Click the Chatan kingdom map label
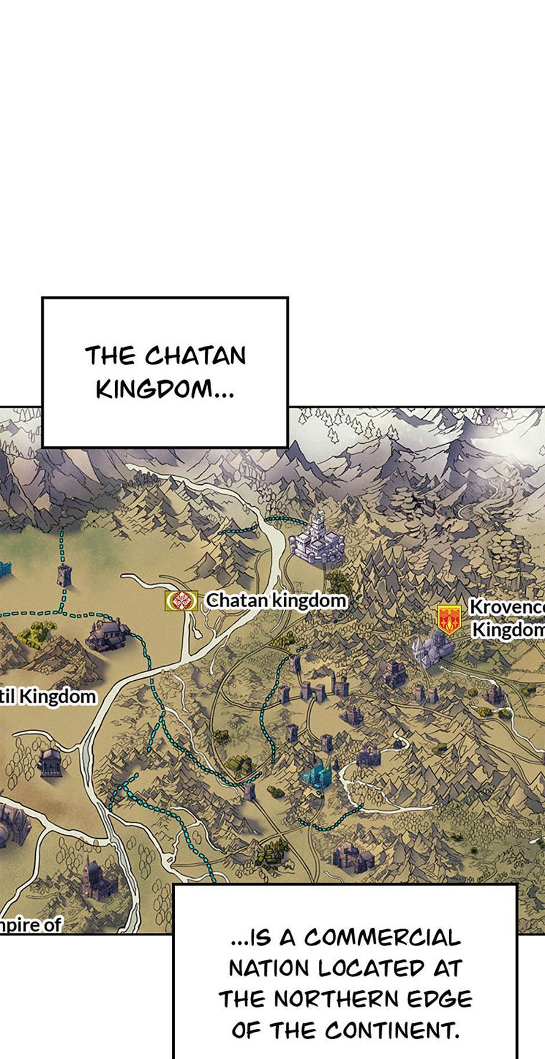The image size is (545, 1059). click(x=276, y=600)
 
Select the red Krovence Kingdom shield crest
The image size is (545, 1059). click(x=449, y=619)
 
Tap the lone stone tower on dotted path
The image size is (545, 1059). click(x=63, y=575)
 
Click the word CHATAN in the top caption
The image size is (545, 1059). click(x=196, y=356)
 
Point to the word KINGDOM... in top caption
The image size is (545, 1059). click(x=165, y=389)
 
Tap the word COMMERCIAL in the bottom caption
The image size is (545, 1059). click(x=382, y=937)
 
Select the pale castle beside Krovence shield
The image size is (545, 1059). click(x=431, y=648)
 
